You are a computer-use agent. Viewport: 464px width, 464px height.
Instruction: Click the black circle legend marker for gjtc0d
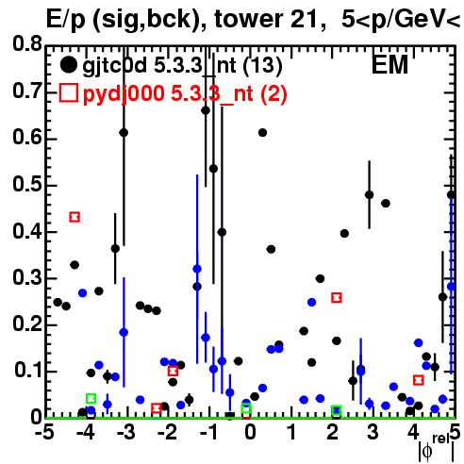coord(68,65)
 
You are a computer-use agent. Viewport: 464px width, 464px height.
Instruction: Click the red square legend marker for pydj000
coord(69,93)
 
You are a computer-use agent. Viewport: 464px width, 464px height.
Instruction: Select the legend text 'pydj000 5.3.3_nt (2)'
coord(185,94)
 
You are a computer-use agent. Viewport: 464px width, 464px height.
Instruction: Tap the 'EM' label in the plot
coord(389,65)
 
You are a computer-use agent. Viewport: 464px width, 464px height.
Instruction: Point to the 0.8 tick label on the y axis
coord(27,44)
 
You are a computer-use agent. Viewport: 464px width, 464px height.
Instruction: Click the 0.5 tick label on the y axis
coord(27,185)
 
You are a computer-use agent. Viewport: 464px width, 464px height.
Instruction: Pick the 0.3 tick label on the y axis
coord(27,278)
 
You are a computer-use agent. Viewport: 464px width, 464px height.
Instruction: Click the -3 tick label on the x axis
coord(125,432)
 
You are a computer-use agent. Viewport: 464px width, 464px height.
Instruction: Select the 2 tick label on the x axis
coord(332,432)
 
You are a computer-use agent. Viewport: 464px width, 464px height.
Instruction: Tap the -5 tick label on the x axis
coord(44,432)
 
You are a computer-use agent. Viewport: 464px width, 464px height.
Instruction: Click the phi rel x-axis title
coord(437,447)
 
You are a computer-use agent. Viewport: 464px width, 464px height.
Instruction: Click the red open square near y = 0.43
coord(75,217)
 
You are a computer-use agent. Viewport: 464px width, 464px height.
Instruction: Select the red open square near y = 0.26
coord(337,297)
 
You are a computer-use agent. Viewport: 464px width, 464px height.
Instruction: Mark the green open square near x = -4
coord(91,399)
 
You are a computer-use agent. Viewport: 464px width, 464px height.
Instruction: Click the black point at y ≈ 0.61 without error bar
coord(262,133)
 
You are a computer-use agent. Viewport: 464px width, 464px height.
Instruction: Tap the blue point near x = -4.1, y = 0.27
coord(83,293)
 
